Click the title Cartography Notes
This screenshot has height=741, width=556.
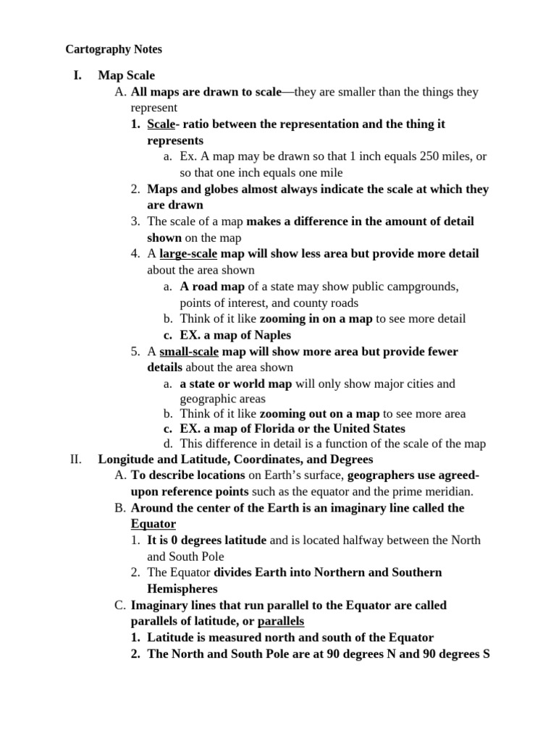click(114, 49)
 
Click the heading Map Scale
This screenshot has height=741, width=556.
click(127, 75)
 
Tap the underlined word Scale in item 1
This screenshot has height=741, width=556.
click(161, 124)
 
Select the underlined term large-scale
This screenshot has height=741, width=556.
click(188, 254)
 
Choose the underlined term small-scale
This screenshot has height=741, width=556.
click(189, 352)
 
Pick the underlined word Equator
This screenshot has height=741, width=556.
click(153, 523)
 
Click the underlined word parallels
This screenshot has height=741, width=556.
click(281, 622)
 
